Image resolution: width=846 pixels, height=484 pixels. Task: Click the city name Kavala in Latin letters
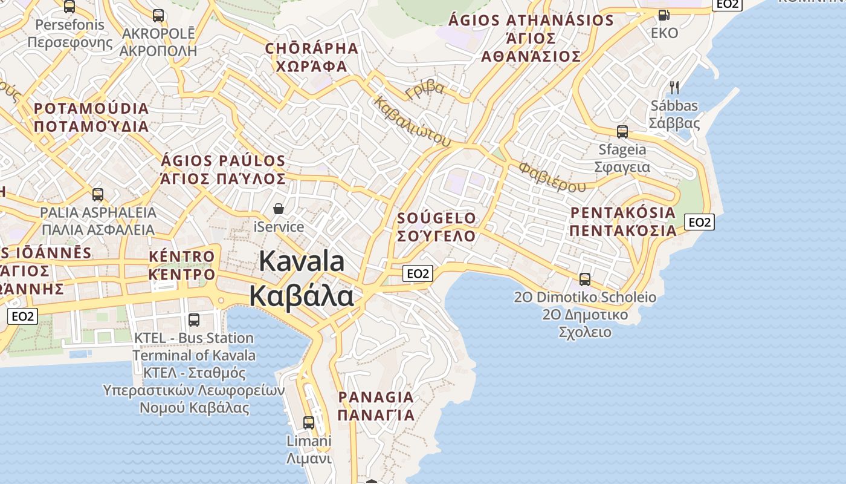click(302, 261)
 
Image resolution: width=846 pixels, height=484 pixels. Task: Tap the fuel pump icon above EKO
click(664, 15)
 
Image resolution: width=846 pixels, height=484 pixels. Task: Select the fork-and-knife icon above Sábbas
click(674, 88)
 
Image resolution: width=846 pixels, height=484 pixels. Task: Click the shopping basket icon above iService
click(279, 209)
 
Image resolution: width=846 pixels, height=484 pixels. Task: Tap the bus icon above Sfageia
click(622, 131)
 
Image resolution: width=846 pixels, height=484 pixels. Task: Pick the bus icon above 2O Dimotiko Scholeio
click(584, 279)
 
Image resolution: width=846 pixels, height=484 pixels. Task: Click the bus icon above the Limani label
click(309, 422)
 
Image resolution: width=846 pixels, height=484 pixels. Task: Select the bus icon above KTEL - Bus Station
click(194, 319)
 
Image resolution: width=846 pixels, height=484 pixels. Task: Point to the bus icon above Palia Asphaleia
click(98, 195)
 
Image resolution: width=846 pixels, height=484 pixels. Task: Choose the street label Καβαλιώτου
click(413, 122)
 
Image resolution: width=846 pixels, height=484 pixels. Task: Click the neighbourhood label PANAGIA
click(376, 397)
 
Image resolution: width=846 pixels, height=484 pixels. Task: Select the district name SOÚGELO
click(436, 218)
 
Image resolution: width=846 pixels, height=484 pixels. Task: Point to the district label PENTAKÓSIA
click(622, 212)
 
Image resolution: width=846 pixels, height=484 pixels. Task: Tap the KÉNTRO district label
click(181, 257)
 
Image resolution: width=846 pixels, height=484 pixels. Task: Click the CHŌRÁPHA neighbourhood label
click(311, 48)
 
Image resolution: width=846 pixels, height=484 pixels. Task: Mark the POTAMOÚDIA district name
click(91, 109)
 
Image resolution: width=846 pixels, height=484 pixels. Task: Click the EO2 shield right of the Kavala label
click(418, 273)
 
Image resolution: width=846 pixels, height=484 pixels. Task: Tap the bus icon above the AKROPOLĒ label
click(158, 16)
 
